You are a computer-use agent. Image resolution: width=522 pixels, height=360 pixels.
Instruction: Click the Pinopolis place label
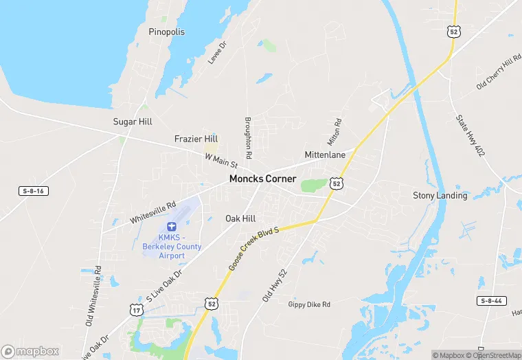[167, 32]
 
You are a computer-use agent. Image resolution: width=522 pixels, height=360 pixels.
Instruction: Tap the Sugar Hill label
[133, 122]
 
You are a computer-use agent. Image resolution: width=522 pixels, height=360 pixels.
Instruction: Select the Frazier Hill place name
[196, 139]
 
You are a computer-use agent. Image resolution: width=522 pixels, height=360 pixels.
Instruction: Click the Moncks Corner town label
[262, 179]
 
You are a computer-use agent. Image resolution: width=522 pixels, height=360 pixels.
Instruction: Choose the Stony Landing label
[440, 196]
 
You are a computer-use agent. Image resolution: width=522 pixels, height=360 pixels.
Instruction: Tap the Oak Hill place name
[240, 218]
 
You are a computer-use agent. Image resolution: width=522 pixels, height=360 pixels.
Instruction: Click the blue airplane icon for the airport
[172, 226]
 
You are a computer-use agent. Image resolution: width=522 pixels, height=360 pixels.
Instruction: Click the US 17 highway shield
[136, 311]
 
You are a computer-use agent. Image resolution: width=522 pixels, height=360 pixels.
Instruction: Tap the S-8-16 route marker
[33, 190]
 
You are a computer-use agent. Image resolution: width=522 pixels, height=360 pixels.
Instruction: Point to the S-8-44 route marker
[492, 301]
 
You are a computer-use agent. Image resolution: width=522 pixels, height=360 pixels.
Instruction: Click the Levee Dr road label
[217, 54]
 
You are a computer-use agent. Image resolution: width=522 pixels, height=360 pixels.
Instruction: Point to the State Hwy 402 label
[470, 135]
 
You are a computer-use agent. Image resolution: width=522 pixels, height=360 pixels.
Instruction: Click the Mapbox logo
[30, 351]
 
